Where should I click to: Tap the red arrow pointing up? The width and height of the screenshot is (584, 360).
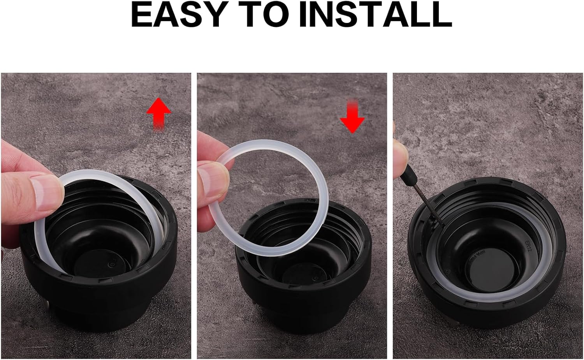158,113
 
